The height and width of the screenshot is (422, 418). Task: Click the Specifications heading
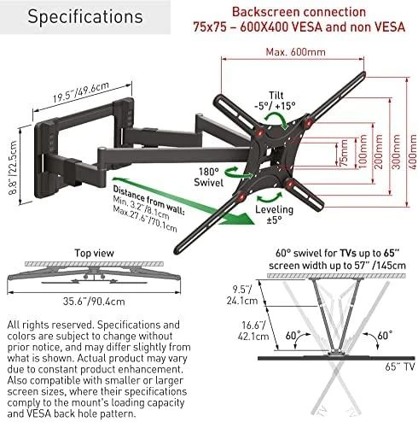click(85, 17)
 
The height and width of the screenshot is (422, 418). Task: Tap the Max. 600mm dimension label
click(295, 52)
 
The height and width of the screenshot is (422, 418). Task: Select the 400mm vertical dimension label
click(412, 152)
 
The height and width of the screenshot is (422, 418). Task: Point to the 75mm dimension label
click(344, 153)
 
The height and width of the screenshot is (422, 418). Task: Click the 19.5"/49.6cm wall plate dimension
click(81, 92)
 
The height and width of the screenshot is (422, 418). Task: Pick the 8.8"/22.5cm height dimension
click(13, 168)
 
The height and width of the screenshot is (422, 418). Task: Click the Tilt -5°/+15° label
click(275, 101)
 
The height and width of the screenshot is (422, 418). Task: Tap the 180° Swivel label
click(208, 177)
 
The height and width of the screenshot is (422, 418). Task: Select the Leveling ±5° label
click(274, 214)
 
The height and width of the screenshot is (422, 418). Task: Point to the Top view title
click(94, 253)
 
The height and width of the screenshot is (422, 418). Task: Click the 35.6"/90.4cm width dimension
click(94, 302)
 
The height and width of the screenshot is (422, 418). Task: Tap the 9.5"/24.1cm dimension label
click(242, 295)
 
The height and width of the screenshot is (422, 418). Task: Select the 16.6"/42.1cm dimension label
click(253, 331)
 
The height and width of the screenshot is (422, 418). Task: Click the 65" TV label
click(400, 366)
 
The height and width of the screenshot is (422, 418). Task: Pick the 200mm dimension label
click(379, 152)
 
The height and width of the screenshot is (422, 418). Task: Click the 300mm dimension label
click(396, 152)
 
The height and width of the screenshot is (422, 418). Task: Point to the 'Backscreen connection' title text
click(299, 12)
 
